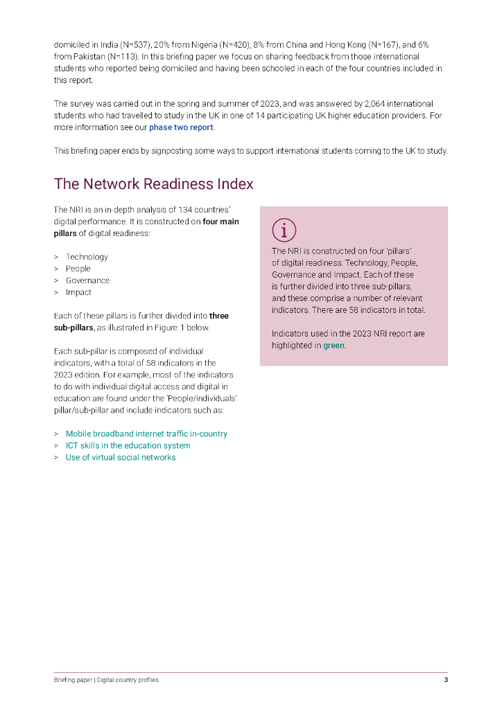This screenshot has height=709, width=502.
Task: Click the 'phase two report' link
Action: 181,128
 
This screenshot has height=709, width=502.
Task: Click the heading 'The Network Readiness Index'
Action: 153,184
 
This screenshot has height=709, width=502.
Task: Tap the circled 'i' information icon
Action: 284,230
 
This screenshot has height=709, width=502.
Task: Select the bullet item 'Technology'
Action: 87,257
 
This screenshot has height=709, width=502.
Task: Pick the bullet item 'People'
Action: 78,269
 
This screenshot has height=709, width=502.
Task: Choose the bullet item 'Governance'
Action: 87,280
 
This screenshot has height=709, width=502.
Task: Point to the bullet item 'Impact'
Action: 78,292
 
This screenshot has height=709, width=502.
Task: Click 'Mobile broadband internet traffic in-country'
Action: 146,434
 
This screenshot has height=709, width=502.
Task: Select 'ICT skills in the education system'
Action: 128,446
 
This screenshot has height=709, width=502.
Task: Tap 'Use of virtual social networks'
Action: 121,458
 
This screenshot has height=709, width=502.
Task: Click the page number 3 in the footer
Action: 446,680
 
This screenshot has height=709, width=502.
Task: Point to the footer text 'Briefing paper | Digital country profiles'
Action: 106,680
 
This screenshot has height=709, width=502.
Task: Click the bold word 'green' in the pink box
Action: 334,345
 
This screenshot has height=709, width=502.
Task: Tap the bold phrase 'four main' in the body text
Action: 220,222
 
